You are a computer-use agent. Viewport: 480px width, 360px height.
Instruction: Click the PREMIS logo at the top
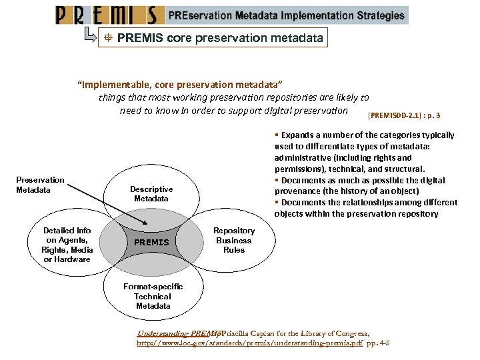(x=110, y=15)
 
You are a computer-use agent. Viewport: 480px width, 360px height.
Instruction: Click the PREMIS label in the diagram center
(x=152, y=242)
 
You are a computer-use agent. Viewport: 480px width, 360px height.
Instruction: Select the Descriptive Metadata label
(x=151, y=194)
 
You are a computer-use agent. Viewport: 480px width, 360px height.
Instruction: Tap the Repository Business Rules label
(x=234, y=241)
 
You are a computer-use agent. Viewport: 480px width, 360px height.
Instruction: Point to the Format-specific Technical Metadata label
(x=153, y=296)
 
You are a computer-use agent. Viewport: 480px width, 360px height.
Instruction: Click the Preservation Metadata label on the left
(x=41, y=185)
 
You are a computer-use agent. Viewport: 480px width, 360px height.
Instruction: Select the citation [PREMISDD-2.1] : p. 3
(x=404, y=115)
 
